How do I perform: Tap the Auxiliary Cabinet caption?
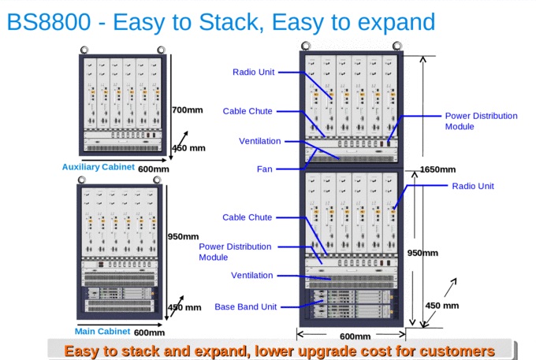(x=99, y=167)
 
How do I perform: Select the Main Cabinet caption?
(x=102, y=331)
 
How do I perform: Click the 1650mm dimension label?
(x=438, y=169)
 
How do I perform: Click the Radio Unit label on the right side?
(x=473, y=186)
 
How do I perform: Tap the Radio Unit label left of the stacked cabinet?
(x=253, y=72)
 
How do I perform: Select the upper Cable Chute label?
(x=248, y=111)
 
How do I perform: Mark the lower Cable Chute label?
(x=248, y=217)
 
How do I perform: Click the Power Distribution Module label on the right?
(x=481, y=121)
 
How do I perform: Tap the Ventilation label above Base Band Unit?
(x=251, y=276)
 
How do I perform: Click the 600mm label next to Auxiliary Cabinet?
(x=154, y=168)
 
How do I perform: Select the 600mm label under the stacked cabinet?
(x=355, y=336)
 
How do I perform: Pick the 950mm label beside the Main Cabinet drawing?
(x=183, y=236)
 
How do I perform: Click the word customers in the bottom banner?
(x=456, y=351)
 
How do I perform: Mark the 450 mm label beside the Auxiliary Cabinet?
(x=188, y=148)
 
